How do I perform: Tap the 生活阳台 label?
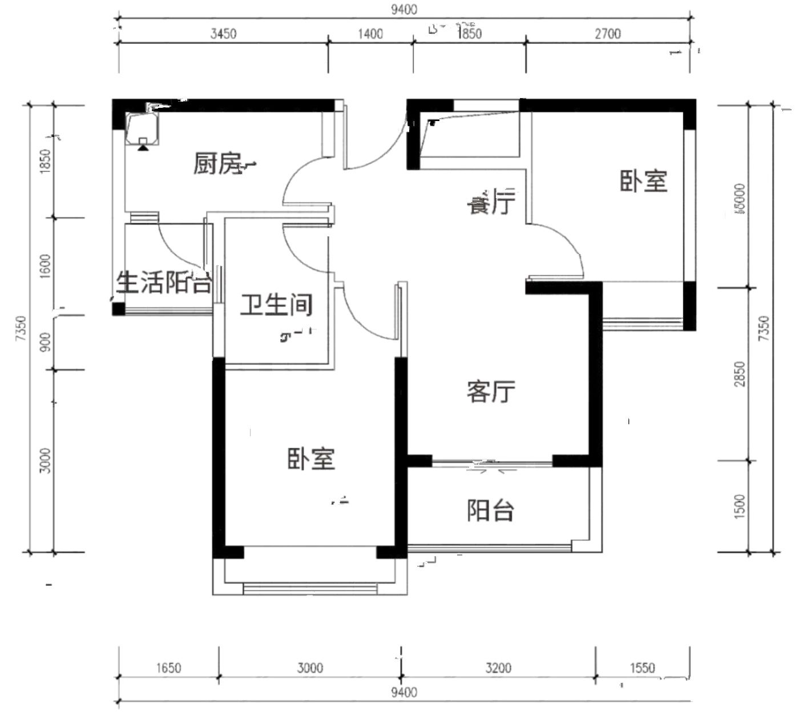point(164,281)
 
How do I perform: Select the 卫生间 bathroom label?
point(276,304)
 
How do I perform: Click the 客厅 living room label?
point(491,392)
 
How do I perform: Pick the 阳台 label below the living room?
point(491,510)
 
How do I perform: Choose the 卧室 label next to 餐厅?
point(644,181)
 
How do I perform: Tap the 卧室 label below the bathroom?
point(311,458)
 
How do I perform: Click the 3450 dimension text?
point(223,34)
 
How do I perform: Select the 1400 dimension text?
point(370,34)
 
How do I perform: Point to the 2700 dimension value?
point(608,34)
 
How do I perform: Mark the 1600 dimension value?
point(46,266)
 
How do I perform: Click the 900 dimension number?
point(46,341)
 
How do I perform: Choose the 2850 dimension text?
point(740,373)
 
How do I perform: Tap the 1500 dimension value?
point(740,506)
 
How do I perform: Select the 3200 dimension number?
point(498,667)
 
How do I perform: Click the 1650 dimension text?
point(168,667)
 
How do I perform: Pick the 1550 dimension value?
point(642,667)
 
